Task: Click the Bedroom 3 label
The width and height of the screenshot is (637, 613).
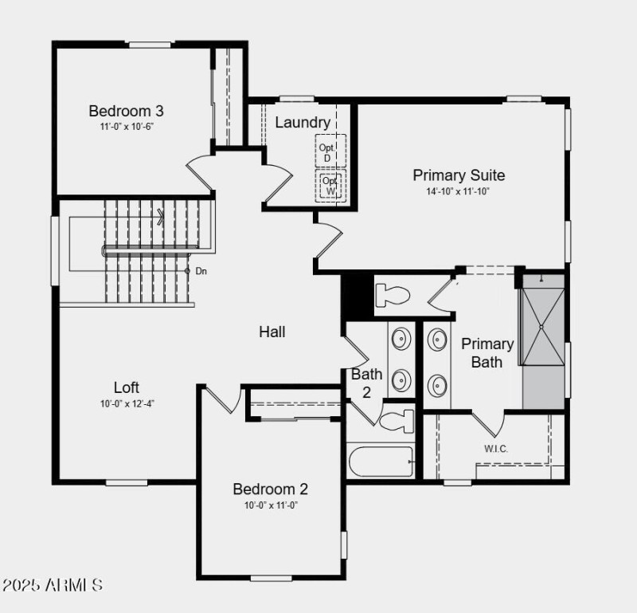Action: point(126,111)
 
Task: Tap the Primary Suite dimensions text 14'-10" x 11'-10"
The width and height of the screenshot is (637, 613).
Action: point(459,191)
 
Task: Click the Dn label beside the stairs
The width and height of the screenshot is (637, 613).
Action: point(201,271)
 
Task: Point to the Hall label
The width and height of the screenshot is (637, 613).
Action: point(272,332)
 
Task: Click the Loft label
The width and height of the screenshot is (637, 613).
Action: point(127,387)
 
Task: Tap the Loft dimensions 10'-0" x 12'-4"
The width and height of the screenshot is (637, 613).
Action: point(127,403)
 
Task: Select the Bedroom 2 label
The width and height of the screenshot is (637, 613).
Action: point(270,489)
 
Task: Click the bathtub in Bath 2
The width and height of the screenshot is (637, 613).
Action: point(381,462)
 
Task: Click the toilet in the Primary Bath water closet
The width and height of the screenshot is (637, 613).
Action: point(392,296)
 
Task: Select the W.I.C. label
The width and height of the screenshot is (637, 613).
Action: point(496,449)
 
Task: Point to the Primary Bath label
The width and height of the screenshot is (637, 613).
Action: point(487,352)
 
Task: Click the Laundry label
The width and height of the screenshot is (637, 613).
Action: point(303,122)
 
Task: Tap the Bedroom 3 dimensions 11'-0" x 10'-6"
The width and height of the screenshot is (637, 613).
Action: point(126,127)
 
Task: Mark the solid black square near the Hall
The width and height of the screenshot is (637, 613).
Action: point(357,294)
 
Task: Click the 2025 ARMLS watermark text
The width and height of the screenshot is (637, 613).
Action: point(52,585)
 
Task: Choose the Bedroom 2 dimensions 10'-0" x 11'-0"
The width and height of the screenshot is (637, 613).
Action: point(271,505)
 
